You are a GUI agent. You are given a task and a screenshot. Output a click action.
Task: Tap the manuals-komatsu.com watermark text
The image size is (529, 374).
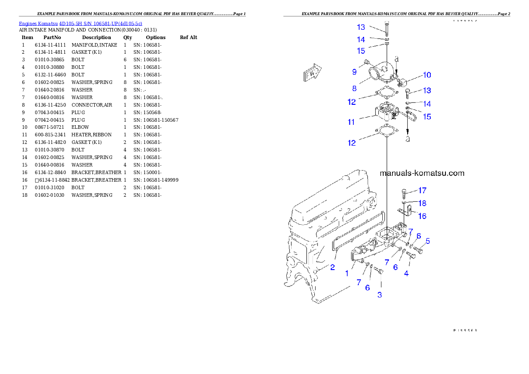422,173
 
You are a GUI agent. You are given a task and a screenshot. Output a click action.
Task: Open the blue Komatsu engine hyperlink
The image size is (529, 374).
80,24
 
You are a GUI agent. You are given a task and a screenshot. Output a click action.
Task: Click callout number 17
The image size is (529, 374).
422,191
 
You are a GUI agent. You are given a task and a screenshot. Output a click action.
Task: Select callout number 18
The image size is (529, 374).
422,203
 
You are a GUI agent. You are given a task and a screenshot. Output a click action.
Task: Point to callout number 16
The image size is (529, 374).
422,216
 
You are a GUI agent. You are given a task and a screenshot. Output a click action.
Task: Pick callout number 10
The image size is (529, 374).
427,75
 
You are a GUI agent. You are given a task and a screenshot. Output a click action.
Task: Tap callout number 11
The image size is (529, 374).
351,121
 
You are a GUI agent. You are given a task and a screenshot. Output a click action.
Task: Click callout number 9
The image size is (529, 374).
354,72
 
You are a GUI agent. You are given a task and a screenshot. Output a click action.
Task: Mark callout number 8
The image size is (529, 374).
354,88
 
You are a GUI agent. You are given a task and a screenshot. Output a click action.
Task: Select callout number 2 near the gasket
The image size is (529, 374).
332,267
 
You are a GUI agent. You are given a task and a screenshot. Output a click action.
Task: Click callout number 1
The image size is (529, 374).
347,274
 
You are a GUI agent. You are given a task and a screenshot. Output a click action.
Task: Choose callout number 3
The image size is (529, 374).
380,294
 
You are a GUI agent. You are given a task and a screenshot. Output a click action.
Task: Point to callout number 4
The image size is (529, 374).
406,274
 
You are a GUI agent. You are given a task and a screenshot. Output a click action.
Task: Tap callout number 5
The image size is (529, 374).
428,241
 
